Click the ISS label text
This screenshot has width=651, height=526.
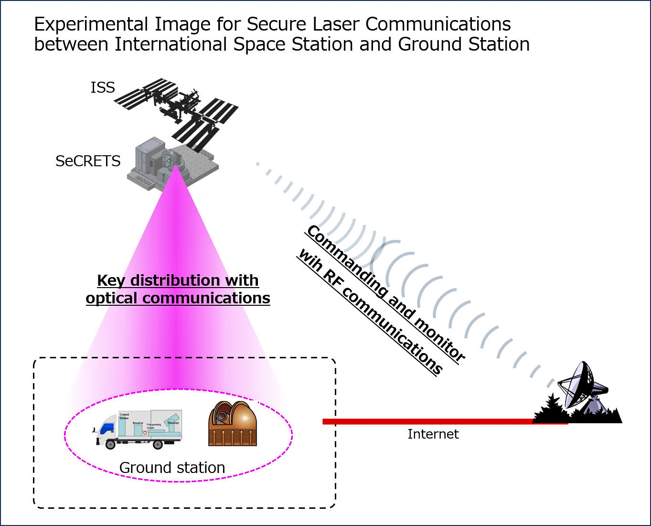tap(103, 87)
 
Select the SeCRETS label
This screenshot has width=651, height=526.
tap(88, 161)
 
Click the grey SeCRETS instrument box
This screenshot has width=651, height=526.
tap(172, 162)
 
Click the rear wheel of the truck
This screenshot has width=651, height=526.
tap(158, 444)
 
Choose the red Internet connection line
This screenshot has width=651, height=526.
tap(430, 421)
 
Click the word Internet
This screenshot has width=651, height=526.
tap(433, 434)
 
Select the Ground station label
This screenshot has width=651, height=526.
tap(172, 467)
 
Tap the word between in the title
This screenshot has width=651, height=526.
tap(71, 44)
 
